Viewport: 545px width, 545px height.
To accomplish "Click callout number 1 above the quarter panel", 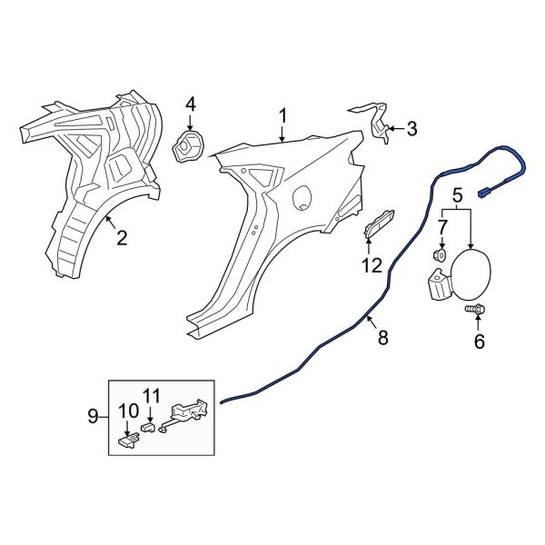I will pos(282,115).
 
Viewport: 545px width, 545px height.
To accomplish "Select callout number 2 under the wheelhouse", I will pos(121,239).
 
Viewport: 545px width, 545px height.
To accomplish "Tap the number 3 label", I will pos(411,129).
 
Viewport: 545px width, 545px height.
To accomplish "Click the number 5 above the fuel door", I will pos(457,193).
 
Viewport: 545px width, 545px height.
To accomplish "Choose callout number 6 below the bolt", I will pos(479,342).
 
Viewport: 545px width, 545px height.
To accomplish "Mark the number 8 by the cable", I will pos(382,339).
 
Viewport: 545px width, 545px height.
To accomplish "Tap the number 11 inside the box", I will pos(151,395).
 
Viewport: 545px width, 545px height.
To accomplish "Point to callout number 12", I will pos(371,265).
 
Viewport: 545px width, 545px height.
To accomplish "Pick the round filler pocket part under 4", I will pos(189,147).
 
